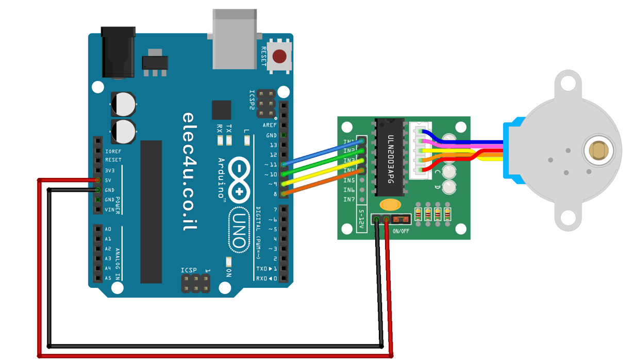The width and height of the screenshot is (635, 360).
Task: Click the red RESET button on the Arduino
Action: (279, 56)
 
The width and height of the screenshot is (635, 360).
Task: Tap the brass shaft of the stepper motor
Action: (598, 151)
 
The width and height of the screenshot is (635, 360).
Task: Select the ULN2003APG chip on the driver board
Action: (390, 157)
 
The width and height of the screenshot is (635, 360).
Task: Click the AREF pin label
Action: (270, 125)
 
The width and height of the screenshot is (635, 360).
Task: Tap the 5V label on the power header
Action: (108, 180)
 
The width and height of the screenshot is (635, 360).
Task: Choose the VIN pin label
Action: (110, 210)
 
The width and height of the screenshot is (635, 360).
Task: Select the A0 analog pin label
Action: (108, 229)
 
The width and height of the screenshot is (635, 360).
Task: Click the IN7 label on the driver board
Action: (349, 200)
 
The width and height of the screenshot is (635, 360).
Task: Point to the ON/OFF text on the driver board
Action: (401, 231)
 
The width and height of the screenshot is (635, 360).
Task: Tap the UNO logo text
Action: (240, 230)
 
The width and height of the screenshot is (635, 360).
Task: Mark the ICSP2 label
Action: (252, 100)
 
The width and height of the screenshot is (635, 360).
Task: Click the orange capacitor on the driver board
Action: (390, 205)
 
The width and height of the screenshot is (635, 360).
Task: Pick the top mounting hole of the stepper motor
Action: (567, 83)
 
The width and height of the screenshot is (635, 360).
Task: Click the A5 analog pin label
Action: (108, 278)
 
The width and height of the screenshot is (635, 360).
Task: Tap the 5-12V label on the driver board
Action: (361, 220)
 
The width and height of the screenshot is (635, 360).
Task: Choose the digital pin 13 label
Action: (272, 145)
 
